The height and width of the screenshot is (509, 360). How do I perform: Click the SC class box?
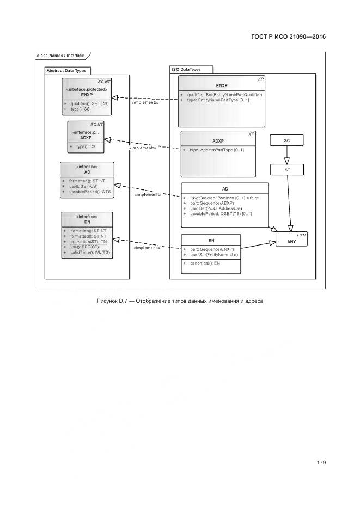click(x=286, y=140)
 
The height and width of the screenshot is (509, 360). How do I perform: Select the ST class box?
click(x=286, y=170)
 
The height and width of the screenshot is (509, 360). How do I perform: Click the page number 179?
click(x=321, y=463)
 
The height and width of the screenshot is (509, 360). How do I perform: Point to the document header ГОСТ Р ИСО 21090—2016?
click(x=288, y=37)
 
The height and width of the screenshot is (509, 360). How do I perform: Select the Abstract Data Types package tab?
click(x=66, y=71)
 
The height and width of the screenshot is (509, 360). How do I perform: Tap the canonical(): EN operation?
click(x=203, y=263)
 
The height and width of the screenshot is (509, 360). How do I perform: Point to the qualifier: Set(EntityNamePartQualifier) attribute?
click(x=224, y=95)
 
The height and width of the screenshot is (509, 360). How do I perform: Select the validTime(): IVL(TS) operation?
click(x=89, y=252)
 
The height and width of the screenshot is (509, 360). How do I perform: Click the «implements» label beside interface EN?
click(x=145, y=247)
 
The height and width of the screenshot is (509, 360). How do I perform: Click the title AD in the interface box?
click(x=87, y=171)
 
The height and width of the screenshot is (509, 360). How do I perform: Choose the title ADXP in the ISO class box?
click(x=218, y=141)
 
